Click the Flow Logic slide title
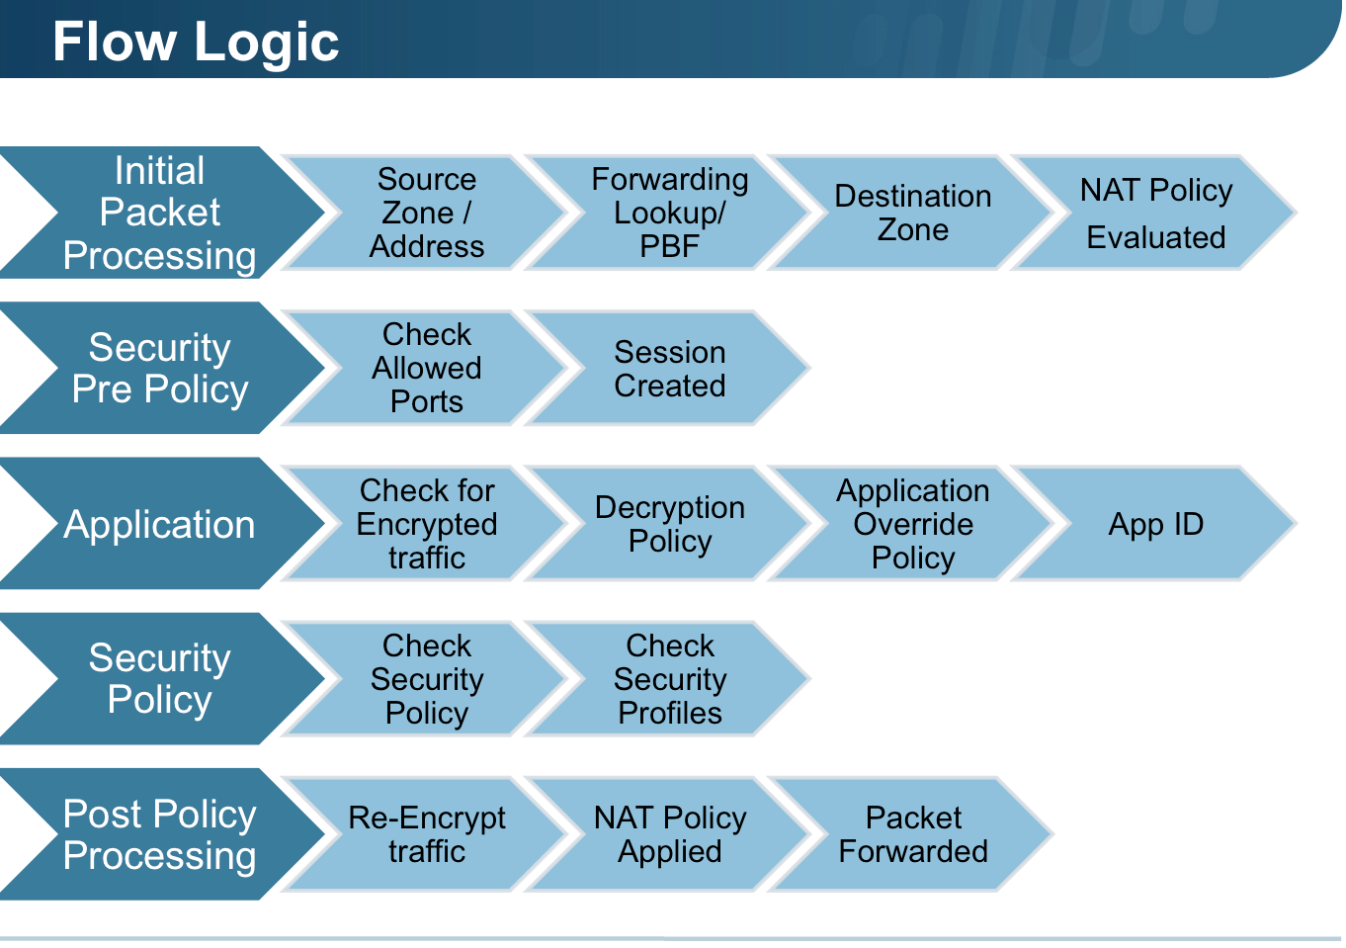(x=196, y=43)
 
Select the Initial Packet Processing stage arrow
(x=160, y=213)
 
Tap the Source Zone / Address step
(x=427, y=213)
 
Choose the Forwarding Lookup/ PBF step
(x=670, y=213)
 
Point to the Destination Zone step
(x=913, y=213)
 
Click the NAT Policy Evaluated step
(x=1156, y=213)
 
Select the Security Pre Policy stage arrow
(x=160, y=368)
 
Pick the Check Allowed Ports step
(x=427, y=368)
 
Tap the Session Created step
(x=670, y=368)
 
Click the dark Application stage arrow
(x=160, y=524)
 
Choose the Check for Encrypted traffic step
(x=427, y=524)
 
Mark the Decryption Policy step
(x=670, y=524)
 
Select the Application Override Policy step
(x=913, y=524)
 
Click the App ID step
(x=1156, y=524)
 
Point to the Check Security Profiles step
(x=670, y=679)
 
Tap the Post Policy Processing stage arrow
(x=160, y=834)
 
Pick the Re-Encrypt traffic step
(x=427, y=834)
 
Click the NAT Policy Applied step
(x=670, y=834)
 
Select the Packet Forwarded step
(x=913, y=834)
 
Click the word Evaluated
(x=1156, y=237)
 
